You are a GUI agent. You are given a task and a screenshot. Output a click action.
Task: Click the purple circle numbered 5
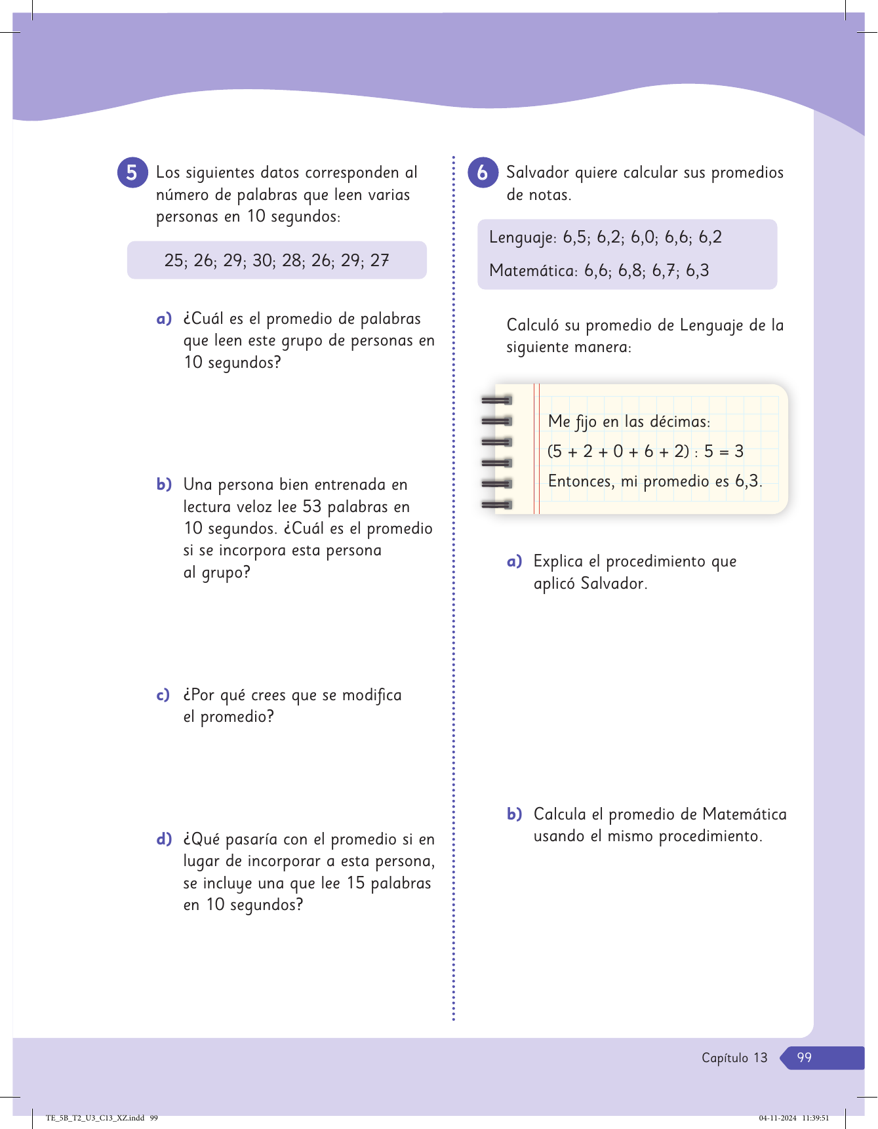(132, 173)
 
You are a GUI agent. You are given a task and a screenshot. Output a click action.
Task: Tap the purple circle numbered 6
(483, 173)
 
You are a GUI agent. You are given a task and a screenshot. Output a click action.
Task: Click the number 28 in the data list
(292, 261)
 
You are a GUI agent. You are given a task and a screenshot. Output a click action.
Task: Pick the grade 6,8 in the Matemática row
(629, 271)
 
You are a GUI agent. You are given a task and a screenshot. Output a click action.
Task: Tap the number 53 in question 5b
(312, 507)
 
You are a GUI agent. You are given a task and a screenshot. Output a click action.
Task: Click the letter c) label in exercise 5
(163, 695)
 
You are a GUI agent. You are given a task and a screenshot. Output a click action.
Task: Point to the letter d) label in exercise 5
(164, 839)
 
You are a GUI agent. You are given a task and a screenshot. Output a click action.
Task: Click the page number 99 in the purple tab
(805, 1058)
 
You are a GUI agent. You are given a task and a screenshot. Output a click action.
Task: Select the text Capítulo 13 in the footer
(734, 1058)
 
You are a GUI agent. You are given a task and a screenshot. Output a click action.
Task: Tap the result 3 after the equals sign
(739, 451)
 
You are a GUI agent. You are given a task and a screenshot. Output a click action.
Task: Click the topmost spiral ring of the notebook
(496, 400)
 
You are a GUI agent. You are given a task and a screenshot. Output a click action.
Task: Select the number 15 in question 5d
(355, 883)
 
